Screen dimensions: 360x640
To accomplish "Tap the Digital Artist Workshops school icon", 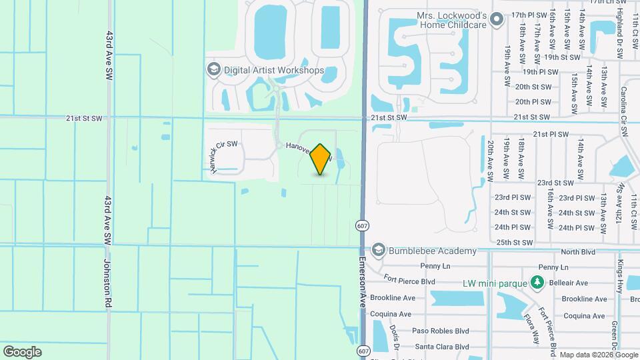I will click(x=213, y=69).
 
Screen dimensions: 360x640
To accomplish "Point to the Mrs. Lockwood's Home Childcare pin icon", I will click(x=496, y=20).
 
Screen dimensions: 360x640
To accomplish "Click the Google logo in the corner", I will click(x=22, y=351).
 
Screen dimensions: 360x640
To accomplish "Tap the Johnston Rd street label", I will click(x=107, y=283).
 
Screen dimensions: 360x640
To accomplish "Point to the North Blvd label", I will click(x=577, y=251).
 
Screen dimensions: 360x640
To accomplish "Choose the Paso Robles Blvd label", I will click(x=441, y=331).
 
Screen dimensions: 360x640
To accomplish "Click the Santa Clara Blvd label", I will click(x=442, y=347).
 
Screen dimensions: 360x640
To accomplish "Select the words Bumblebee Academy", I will click(x=433, y=251).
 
